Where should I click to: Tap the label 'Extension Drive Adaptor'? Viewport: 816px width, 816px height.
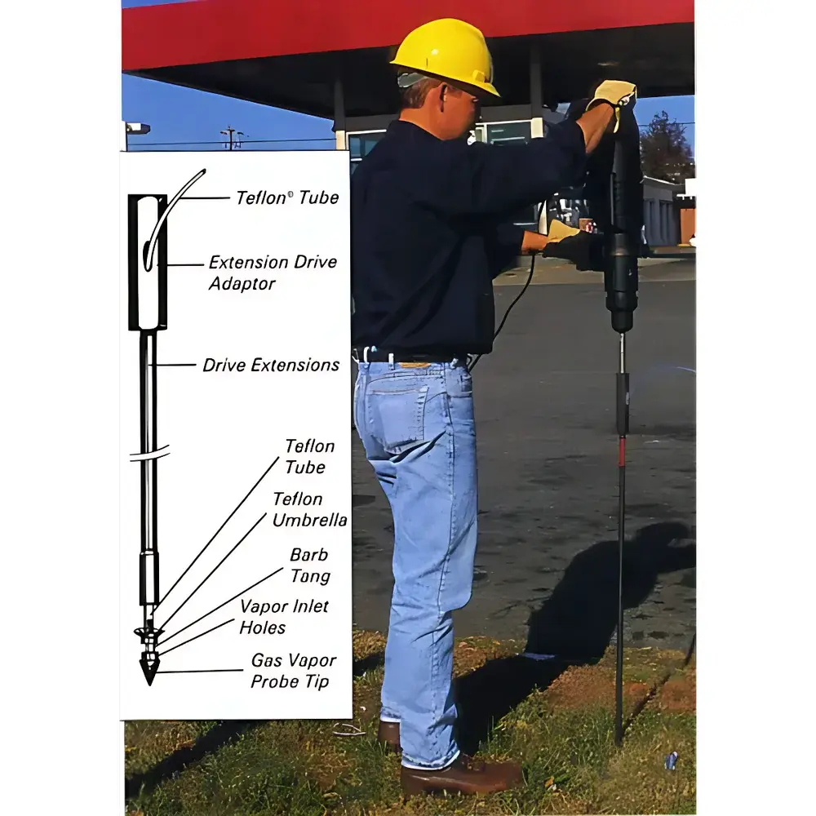tap(272, 273)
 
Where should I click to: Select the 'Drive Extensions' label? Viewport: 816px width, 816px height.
tap(271, 365)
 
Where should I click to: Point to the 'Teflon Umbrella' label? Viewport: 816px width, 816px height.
tap(308, 509)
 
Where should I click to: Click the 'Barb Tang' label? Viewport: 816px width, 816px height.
tap(310, 565)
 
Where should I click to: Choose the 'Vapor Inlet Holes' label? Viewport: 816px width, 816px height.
tap(283, 616)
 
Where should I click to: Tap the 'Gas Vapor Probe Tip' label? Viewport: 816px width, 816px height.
tap(292, 670)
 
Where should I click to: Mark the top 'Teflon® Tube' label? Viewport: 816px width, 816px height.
tap(286, 197)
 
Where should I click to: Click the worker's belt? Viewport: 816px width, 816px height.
tap(408, 357)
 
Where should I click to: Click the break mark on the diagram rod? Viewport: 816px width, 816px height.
tap(149, 454)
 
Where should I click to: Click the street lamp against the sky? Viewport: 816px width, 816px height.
tap(136, 128)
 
